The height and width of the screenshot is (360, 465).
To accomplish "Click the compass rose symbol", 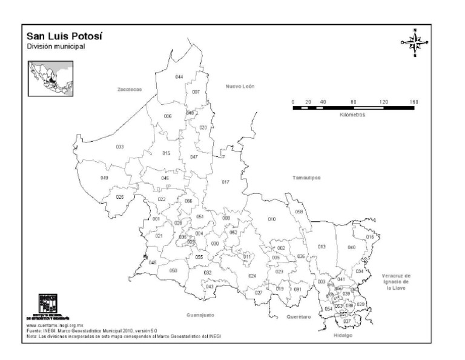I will pyautogui.click(x=415, y=42).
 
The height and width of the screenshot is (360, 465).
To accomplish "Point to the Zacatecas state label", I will pyautogui.click(x=129, y=89).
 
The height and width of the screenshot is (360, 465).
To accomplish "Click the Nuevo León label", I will pyautogui.click(x=240, y=86).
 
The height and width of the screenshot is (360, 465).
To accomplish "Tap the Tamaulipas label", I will pyautogui.click(x=306, y=178).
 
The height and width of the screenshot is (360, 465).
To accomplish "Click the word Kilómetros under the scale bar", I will pyautogui.click(x=352, y=115).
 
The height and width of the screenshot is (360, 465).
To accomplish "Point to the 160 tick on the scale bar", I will pyautogui.click(x=414, y=101).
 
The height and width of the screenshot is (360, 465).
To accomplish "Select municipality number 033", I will pyautogui.click(x=120, y=147).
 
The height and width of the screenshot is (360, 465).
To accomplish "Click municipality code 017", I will pyautogui.click(x=226, y=182).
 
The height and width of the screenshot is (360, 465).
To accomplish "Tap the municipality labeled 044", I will pyautogui.click(x=179, y=78).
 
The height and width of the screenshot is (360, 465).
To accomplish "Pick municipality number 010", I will pyautogui.click(x=272, y=219).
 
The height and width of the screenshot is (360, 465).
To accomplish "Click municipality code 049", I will pyautogui.click(x=104, y=178).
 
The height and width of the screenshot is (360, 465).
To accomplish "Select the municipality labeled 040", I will pyautogui.click(x=351, y=247).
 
